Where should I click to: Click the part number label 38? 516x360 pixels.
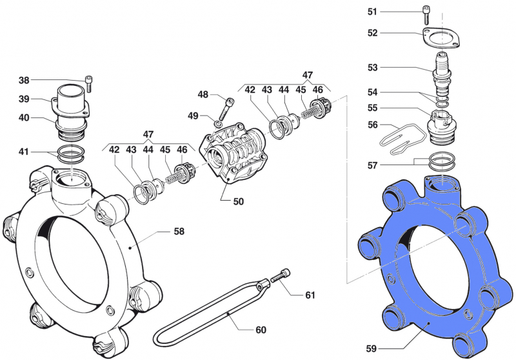point(24,81)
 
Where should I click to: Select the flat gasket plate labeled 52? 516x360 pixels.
point(441,38)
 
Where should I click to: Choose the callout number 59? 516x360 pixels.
point(372,348)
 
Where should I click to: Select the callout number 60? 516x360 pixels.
point(261,330)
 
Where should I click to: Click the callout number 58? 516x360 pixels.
point(179,231)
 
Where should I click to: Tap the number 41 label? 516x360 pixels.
point(24,152)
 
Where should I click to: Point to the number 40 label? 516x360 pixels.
point(24,118)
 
